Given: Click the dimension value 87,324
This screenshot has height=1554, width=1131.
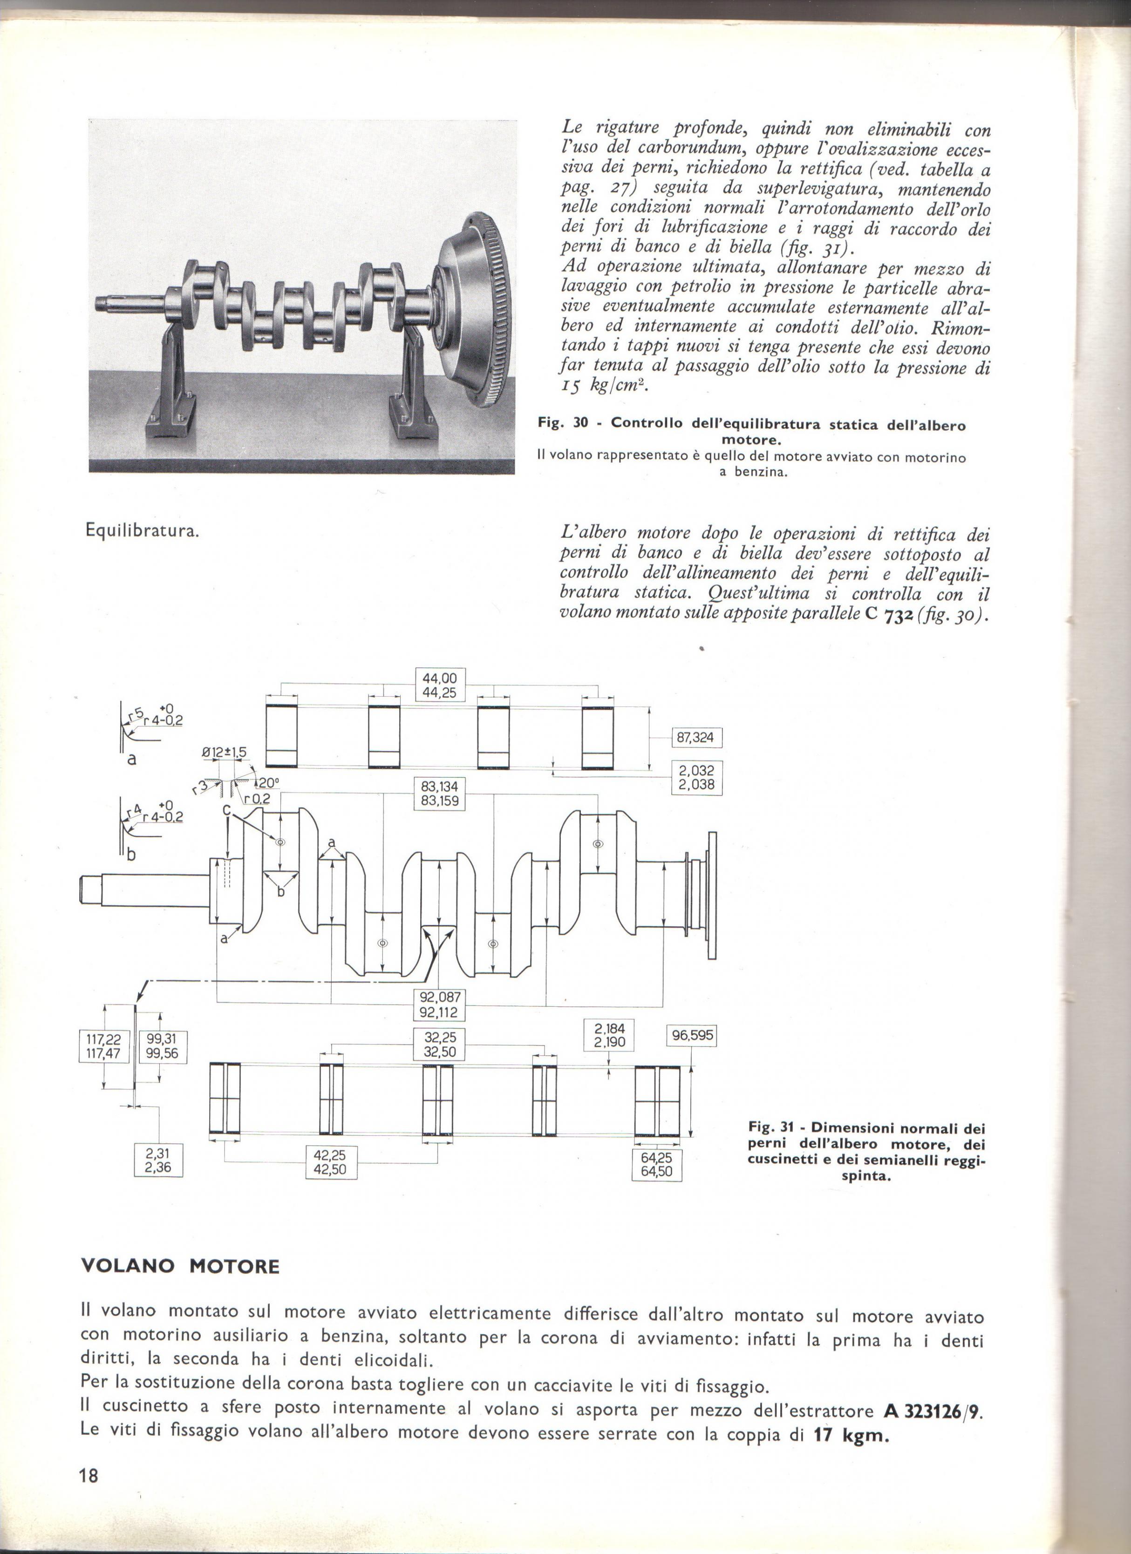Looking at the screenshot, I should (x=695, y=738).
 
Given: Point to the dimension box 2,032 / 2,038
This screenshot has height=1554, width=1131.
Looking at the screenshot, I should (x=696, y=777).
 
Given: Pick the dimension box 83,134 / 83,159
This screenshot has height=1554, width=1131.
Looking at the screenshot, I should (x=439, y=793).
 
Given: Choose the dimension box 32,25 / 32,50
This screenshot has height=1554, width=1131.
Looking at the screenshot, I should (x=439, y=1044).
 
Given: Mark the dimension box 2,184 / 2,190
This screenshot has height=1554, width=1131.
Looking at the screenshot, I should (x=609, y=1036).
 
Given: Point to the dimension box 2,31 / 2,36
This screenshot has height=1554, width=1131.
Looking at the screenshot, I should (x=158, y=1160).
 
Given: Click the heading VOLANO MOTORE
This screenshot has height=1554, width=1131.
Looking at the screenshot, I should (x=181, y=1266).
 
